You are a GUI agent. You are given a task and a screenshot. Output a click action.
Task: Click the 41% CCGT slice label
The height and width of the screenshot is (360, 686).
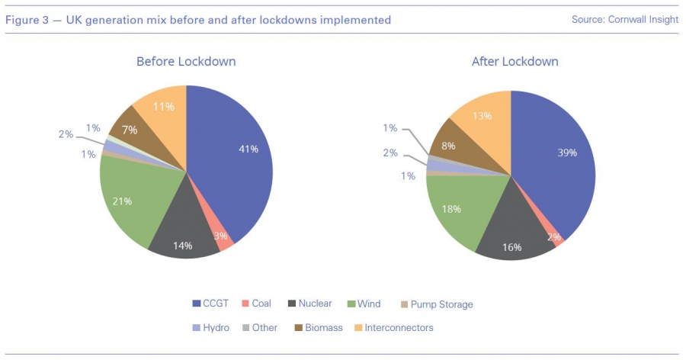click(x=248, y=149)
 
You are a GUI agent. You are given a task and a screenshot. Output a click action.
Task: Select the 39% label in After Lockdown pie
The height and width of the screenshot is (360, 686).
click(x=566, y=152)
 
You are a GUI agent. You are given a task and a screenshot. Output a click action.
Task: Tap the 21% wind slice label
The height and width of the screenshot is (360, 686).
click(x=123, y=201)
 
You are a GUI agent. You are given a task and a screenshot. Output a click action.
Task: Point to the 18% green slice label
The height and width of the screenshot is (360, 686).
click(x=452, y=209)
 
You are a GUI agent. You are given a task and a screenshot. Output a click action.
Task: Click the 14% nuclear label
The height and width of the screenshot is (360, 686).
click(x=181, y=246)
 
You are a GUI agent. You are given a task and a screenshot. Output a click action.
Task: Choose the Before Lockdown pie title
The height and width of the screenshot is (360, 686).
click(x=186, y=61)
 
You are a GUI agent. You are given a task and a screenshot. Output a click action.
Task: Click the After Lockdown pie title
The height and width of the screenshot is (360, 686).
click(x=514, y=61)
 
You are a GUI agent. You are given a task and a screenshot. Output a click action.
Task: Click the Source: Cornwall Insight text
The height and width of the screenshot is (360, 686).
click(x=624, y=20)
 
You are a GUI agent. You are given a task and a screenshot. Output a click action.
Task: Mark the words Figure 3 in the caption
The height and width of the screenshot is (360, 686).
click(x=27, y=20)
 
